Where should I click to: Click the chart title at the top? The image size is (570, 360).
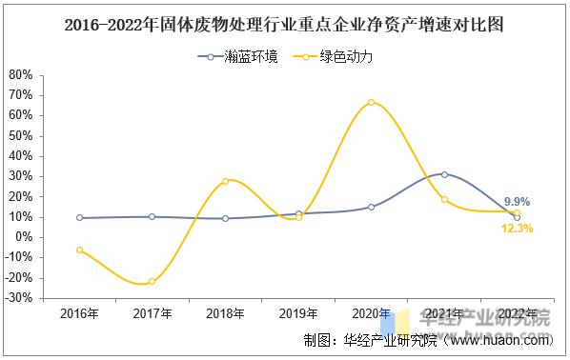[x=283, y=26]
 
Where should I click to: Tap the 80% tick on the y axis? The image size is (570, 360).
[x=20, y=74]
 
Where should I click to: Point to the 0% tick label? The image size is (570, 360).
[x=26, y=237]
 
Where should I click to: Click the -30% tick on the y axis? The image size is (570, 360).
[x=19, y=298]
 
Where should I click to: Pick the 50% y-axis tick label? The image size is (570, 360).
[x=20, y=135]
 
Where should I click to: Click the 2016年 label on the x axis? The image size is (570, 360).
[x=79, y=313]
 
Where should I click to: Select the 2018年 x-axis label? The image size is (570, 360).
[x=225, y=313]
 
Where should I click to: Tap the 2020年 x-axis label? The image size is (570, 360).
[x=371, y=313]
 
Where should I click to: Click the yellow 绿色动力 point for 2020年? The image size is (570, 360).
[x=371, y=103]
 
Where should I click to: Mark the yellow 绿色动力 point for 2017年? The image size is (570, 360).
[x=153, y=281]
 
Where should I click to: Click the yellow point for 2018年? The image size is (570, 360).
[x=225, y=181]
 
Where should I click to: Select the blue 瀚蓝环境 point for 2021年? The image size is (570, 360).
[x=444, y=174]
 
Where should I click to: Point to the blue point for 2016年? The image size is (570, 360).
[x=79, y=217]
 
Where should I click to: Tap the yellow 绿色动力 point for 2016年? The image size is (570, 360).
[x=79, y=250]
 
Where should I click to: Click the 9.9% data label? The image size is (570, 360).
[x=518, y=202]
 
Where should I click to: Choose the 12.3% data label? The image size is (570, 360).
[x=516, y=229]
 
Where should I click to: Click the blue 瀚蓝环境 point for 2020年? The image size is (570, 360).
[x=371, y=207]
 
